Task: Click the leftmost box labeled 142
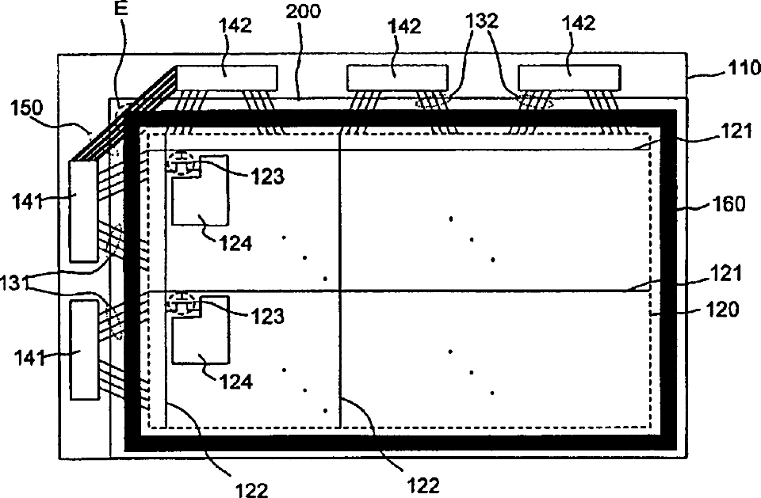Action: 228,77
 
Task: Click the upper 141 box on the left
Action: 82,211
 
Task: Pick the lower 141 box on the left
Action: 82,349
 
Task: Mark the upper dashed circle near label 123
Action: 182,162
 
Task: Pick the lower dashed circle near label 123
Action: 182,303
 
